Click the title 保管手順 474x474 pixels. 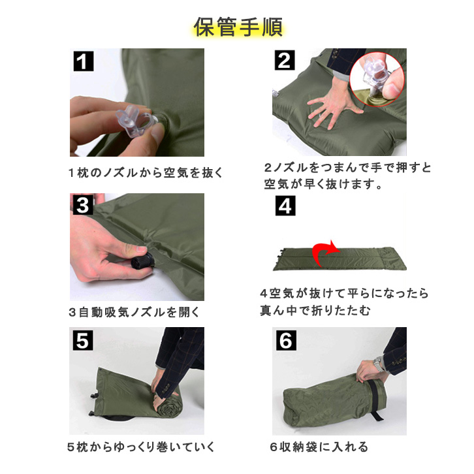point(238,27)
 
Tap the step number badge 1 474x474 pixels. point(84,61)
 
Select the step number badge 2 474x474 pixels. point(285,61)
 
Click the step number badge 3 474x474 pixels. point(83,205)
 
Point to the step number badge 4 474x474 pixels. point(285,206)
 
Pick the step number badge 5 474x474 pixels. point(83,340)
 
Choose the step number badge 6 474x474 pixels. point(286,341)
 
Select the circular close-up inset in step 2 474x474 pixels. point(377,79)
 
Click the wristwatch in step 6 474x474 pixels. point(379,364)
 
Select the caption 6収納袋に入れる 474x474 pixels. point(319,447)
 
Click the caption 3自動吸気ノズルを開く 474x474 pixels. point(134,312)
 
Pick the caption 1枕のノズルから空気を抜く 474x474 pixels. point(146,172)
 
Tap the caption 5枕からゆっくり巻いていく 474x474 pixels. point(141,447)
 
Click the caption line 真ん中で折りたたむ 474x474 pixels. point(315,311)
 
